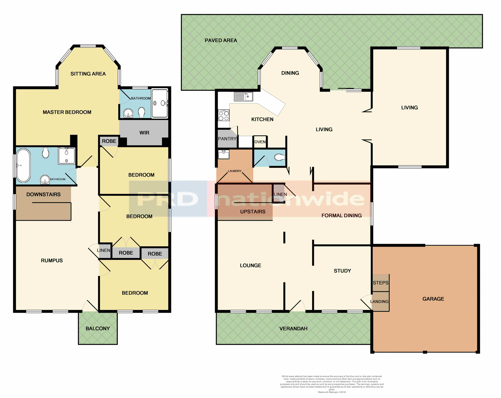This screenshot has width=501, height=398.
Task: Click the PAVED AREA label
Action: coord(221,40)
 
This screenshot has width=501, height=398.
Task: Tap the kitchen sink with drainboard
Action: coord(243,97)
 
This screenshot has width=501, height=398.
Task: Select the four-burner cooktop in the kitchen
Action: coord(224,116)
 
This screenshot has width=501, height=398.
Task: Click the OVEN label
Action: coord(260,142)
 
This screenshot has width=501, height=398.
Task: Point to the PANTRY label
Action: coord(227,139)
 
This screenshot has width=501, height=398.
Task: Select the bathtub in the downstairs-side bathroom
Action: coord(23,165)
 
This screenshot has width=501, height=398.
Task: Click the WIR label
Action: coord(144,133)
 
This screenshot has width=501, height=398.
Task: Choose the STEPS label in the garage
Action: coord(380,283)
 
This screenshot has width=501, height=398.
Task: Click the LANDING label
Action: coord(379,302)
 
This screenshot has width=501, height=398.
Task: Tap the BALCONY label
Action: coord(98,329)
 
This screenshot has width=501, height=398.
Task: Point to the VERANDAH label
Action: coord(293,329)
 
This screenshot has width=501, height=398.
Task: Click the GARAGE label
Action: coord(433,299)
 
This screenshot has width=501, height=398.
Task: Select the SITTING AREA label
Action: coord(88,74)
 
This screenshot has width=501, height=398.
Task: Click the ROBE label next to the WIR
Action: coord(109,141)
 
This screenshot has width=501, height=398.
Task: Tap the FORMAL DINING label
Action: coord(342,216)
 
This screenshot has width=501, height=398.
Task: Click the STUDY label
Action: coord(342,271)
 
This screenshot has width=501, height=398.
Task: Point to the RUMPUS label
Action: coord(52,260)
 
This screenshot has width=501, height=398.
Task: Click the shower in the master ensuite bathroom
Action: coord(159,103)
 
